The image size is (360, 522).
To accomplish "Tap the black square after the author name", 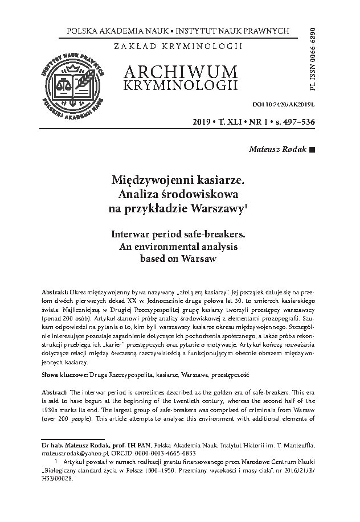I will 311,150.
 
